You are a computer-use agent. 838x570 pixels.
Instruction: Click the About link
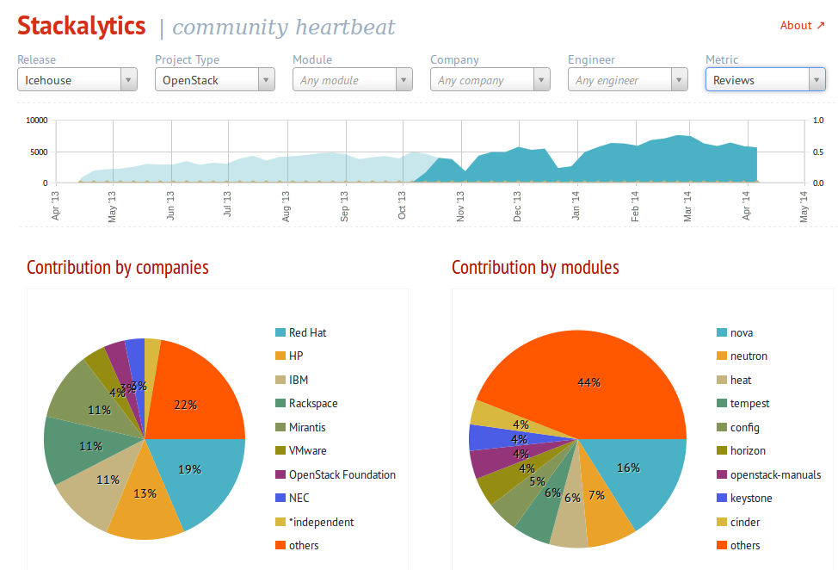click(x=801, y=25)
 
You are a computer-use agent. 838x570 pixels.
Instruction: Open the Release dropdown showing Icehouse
click(x=77, y=80)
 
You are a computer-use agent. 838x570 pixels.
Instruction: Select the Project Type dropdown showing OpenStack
click(x=214, y=80)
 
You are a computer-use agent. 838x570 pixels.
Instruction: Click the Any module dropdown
click(x=352, y=80)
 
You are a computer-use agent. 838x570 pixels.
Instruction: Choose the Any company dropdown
click(x=490, y=80)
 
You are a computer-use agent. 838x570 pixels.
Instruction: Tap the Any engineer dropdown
click(x=627, y=80)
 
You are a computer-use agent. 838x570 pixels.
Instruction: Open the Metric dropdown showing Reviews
click(x=765, y=80)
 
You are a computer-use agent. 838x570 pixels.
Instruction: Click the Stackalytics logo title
click(x=82, y=26)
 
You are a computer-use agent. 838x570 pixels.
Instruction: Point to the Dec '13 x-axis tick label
click(x=518, y=208)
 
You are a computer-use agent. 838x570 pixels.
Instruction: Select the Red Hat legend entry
click(x=307, y=332)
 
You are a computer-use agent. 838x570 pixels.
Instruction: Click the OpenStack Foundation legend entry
click(x=342, y=474)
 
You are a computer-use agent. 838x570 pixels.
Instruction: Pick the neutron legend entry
click(x=748, y=356)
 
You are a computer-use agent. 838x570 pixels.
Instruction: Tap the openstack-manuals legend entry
click(x=775, y=474)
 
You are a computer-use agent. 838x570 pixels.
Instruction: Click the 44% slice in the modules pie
click(x=588, y=382)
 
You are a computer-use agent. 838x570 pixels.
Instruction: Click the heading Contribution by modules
click(x=535, y=268)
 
